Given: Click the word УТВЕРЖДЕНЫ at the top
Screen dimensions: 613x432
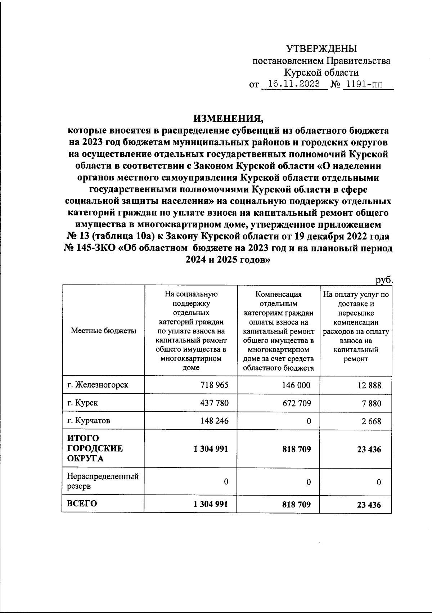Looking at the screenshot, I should (x=321, y=48).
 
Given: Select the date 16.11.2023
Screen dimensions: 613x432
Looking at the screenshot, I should (x=294, y=84).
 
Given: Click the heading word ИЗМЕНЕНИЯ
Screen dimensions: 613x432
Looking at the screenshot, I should (x=228, y=118).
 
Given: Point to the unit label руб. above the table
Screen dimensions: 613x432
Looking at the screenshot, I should (x=383, y=280).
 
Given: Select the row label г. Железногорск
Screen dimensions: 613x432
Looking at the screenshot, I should (x=98, y=385).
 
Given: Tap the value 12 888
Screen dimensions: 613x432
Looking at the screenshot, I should (x=369, y=386).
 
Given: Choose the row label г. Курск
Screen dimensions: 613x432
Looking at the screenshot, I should (x=82, y=403).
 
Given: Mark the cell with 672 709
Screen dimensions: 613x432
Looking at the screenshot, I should (x=297, y=403).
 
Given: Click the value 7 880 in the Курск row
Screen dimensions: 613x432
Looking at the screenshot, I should (x=372, y=403).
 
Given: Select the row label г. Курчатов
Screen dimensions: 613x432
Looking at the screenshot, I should (x=89, y=420).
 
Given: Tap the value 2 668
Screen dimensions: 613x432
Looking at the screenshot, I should (x=372, y=421).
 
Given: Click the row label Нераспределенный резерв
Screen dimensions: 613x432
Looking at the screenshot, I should (x=103, y=481).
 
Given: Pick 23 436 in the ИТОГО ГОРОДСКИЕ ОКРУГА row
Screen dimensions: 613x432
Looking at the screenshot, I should (x=369, y=449).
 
